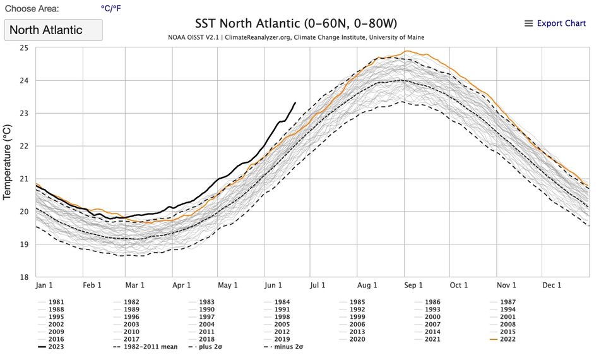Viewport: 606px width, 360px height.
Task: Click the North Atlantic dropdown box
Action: pyautogui.click(x=53, y=30)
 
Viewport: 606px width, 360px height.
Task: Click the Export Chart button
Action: pyautogui.click(x=555, y=23)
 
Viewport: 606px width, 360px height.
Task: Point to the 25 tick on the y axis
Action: pyautogui.click(x=24, y=48)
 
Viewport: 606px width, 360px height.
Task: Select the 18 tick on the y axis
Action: pyautogui.click(x=24, y=277)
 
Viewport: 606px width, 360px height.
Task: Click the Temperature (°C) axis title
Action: pyautogui.click(x=8, y=162)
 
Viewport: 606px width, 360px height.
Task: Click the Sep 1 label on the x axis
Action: pyautogui.click(x=413, y=285)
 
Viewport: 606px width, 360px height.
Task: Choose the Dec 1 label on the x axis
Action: pyautogui.click(x=552, y=285)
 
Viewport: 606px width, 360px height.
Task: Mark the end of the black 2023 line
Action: pyautogui.click(x=295, y=102)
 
